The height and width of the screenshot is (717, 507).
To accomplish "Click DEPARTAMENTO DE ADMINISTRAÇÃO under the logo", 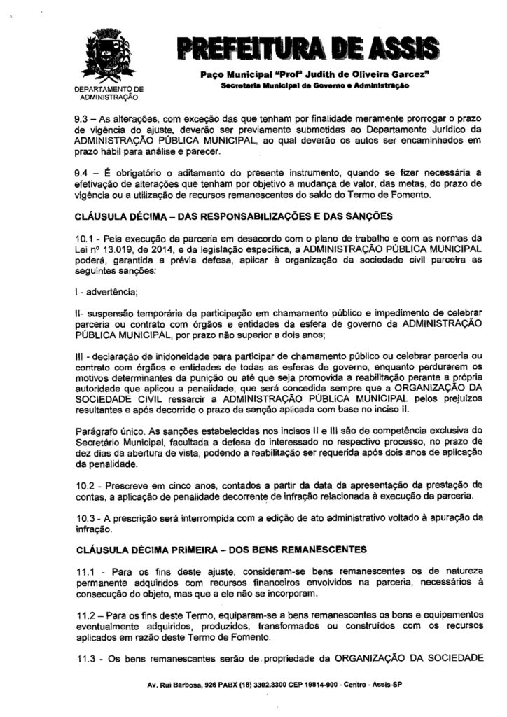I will point(108,94).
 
